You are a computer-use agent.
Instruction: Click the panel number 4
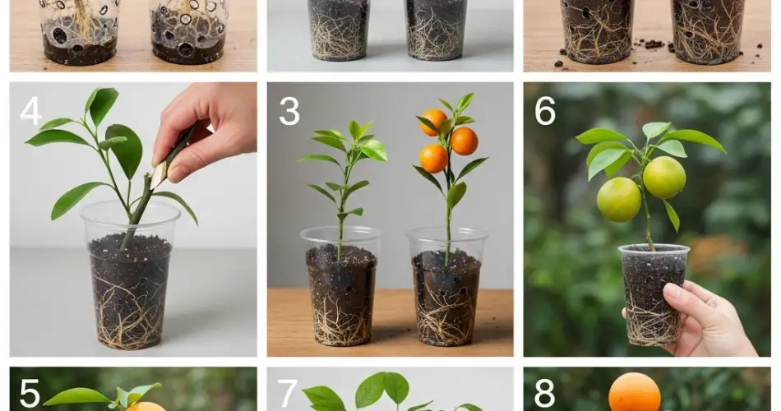pyautogui.click(x=30, y=111)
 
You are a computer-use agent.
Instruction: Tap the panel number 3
pyautogui.click(x=289, y=111)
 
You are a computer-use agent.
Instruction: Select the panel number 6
pyautogui.click(x=545, y=111)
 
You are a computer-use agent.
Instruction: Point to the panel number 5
pyautogui.click(x=30, y=394)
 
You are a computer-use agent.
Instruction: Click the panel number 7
pyautogui.click(x=288, y=394)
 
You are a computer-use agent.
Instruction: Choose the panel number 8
pyautogui.click(x=544, y=394)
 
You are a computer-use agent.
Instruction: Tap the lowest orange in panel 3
pyautogui.click(x=433, y=159)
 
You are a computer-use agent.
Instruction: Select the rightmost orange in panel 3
pyautogui.click(x=464, y=141)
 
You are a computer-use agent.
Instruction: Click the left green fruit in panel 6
pyautogui.click(x=618, y=199)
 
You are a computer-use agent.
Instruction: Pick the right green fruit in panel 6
pyautogui.click(x=664, y=178)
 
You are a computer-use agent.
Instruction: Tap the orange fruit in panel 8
pyautogui.click(x=634, y=394)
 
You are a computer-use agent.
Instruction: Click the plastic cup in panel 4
pyautogui.click(x=131, y=275)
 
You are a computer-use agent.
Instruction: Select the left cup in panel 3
pyautogui.click(x=341, y=286)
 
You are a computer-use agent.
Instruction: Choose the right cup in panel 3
pyautogui.click(x=447, y=287)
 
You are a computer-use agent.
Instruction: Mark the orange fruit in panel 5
pyautogui.click(x=145, y=407)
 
